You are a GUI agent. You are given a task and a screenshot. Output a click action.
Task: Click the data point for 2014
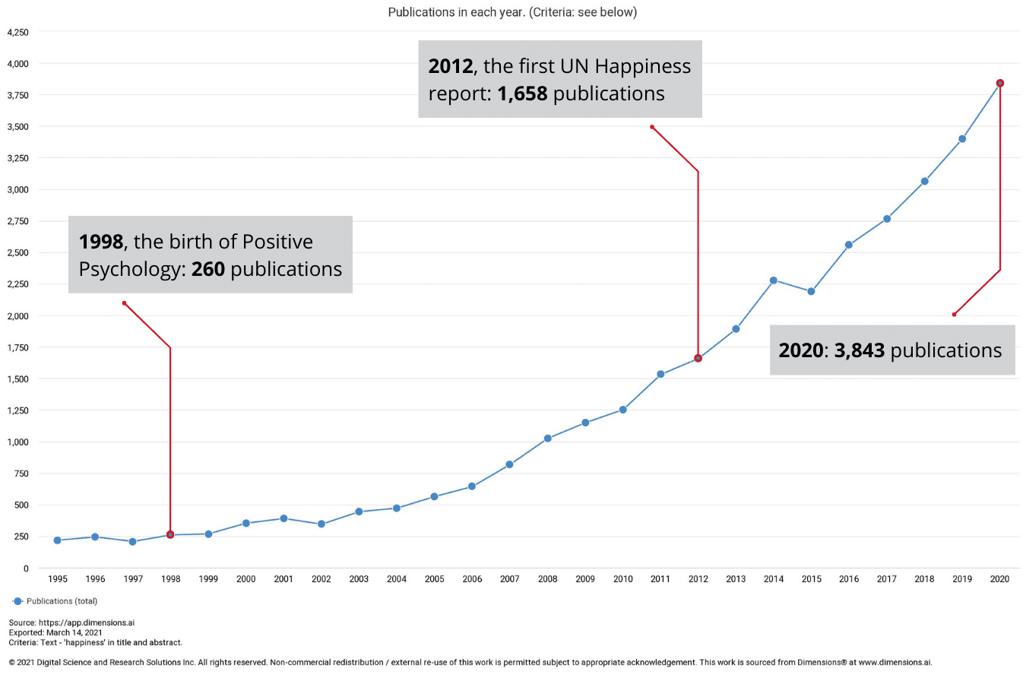click(774, 280)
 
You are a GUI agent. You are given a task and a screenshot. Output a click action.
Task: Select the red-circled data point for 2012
click(698, 358)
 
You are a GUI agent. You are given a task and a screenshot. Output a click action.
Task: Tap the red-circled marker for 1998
click(170, 535)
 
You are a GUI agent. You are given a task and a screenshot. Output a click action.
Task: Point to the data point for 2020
click(1000, 83)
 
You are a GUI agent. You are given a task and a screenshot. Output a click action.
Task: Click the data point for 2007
click(509, 464)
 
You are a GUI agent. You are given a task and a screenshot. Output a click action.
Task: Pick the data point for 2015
click(811, 291)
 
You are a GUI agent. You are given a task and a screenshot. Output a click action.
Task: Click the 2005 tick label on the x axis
click(435, 579)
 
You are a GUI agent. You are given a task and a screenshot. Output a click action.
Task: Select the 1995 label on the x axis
click(58, 579)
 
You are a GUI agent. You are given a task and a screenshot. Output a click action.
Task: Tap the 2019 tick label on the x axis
click(962, 579)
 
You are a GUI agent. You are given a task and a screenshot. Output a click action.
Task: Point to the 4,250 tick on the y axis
click(18, 33)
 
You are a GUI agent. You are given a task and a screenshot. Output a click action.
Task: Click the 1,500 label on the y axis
click(18, 379)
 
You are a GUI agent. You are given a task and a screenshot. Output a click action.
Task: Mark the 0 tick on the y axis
click(26, 568)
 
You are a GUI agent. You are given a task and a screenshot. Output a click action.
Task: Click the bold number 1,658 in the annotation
click(522, 93)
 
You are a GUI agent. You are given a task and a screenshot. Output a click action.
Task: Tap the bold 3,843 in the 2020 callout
click(860, 350)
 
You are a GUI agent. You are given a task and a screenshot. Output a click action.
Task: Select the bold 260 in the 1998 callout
click(207, 269)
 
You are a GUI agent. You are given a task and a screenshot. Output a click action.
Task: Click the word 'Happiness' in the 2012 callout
click(643, 66)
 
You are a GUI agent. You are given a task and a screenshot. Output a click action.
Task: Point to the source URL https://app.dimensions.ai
click(87, 622)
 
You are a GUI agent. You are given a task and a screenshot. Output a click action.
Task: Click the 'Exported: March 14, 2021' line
click(55, 632)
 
